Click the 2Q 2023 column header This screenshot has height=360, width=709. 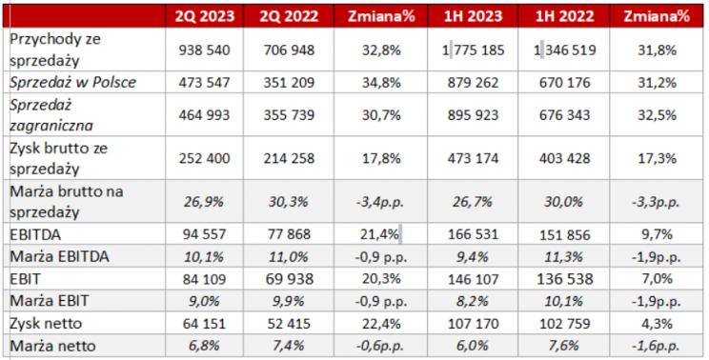204,15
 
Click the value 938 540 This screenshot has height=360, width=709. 204,50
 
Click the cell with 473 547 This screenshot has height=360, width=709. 204,83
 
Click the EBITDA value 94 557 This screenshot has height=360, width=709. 204,233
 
